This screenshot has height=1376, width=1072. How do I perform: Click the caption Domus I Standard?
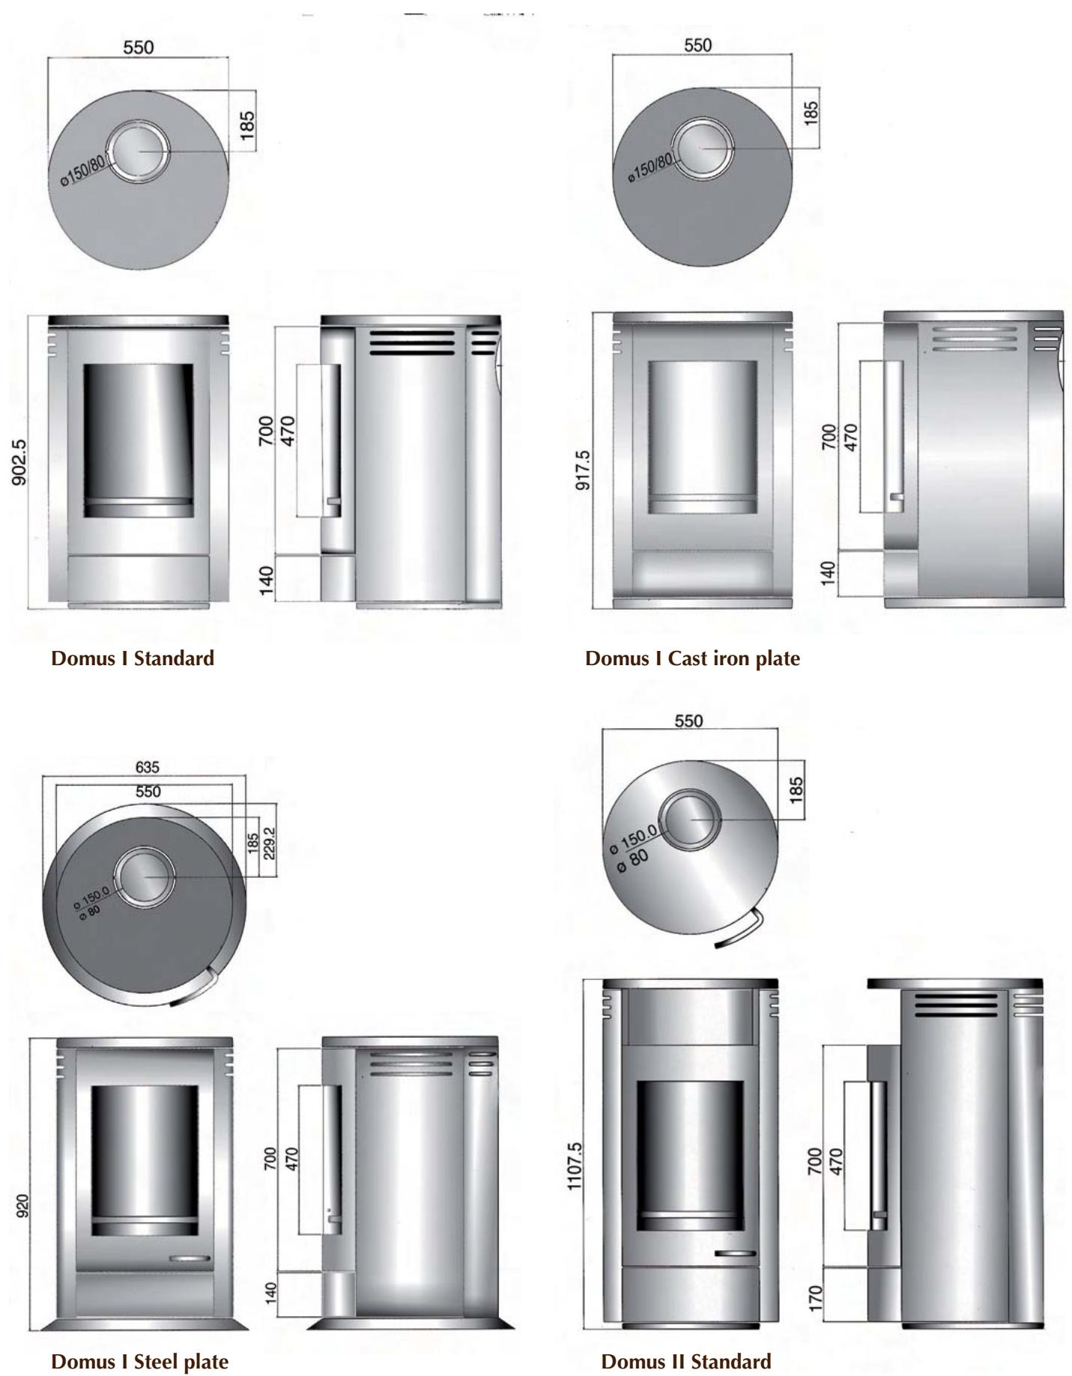133,658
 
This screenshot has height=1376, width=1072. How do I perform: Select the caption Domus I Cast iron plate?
692,658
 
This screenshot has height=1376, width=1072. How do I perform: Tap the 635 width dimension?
148,767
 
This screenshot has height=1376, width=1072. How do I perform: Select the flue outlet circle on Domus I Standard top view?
139,151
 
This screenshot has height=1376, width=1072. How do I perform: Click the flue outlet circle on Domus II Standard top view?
691,819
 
